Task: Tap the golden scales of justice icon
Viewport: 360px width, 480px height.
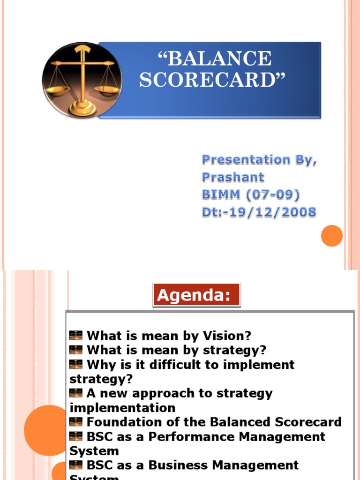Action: [82, 80]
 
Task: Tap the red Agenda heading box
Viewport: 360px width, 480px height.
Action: [196, 295]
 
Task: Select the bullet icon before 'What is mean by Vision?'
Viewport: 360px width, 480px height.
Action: [76, 336]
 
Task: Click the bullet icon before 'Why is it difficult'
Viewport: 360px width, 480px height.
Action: [76, 364]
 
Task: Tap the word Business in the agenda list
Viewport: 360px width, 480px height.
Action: [186, 465]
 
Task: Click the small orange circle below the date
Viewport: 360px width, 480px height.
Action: [332, 235]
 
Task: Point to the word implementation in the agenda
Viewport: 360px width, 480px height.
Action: [122, 407]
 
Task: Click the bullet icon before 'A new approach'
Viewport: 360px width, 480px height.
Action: [76, 393]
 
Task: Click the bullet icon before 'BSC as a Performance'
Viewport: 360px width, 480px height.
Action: [76, 436]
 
